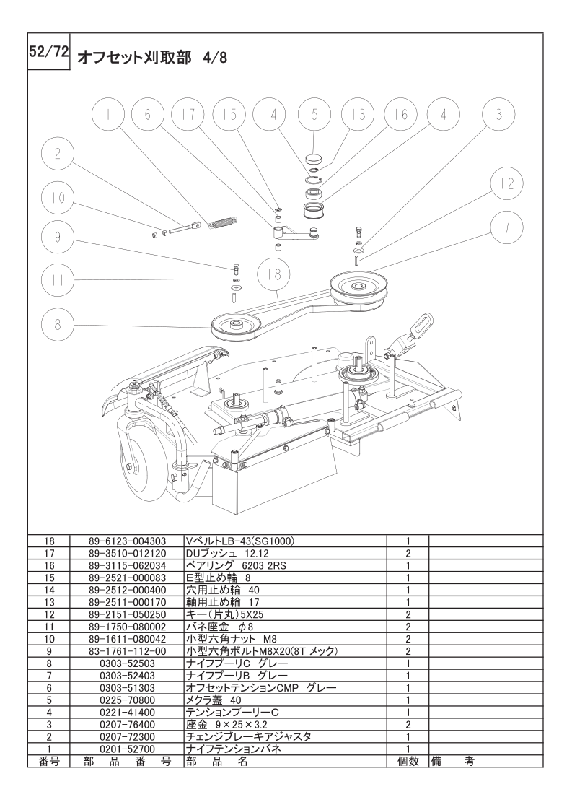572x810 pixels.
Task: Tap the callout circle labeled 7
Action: [x=507, y=227]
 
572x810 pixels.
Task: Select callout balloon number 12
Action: [x=507, y=183]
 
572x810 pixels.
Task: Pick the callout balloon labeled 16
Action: [x=401, y=114]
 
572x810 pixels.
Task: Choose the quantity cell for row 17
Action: [x=408, y=553]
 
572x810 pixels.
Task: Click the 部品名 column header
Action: [x=216, y=762]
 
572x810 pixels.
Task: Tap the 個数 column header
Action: [x=408, y=762]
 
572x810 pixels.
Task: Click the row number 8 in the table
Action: [x=49, y=663]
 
